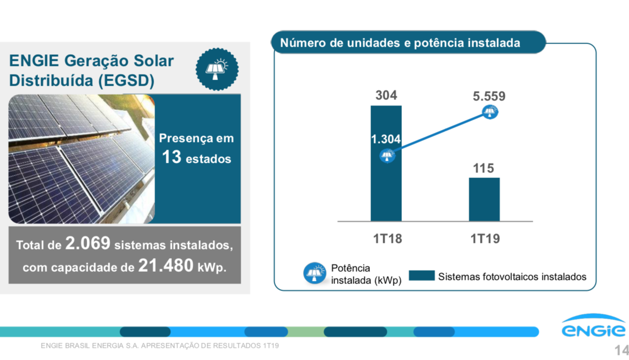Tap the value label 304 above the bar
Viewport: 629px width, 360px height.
pos(386,95)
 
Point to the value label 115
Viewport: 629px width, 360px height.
pos(484,168)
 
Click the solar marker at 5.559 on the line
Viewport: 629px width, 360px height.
pos(490,112)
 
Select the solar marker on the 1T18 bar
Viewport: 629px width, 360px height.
pos(387,156)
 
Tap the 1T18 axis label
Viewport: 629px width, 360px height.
pos(387,239)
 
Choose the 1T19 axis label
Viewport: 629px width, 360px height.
pos(485,239)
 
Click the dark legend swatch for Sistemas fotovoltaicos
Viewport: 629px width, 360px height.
pos(422,276)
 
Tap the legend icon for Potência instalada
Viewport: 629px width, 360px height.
pos(315,273)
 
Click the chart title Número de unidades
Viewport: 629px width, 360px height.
pos(400,43)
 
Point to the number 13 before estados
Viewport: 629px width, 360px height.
pos(172,158)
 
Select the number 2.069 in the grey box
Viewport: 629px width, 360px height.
pos(88,244)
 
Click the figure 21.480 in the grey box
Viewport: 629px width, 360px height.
pos(165,266)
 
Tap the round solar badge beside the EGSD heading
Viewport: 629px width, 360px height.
pos(217,69)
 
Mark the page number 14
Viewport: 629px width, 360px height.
pos(621,350)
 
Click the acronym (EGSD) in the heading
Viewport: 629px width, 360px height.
pos(127,81)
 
